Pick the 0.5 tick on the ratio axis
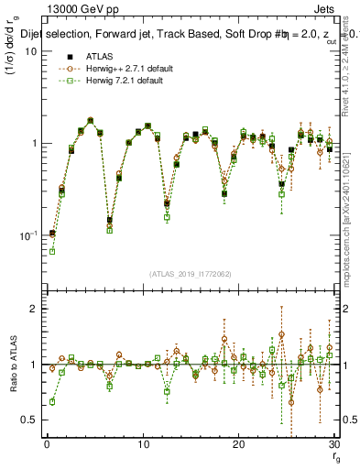(x=28, y=420)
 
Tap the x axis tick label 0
(x=47, y=444)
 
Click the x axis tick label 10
(x=143, y=444)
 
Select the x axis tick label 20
(x=238, y=444)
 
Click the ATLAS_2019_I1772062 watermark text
(x=190, y=274)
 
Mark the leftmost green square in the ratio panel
(x=52, y=401)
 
